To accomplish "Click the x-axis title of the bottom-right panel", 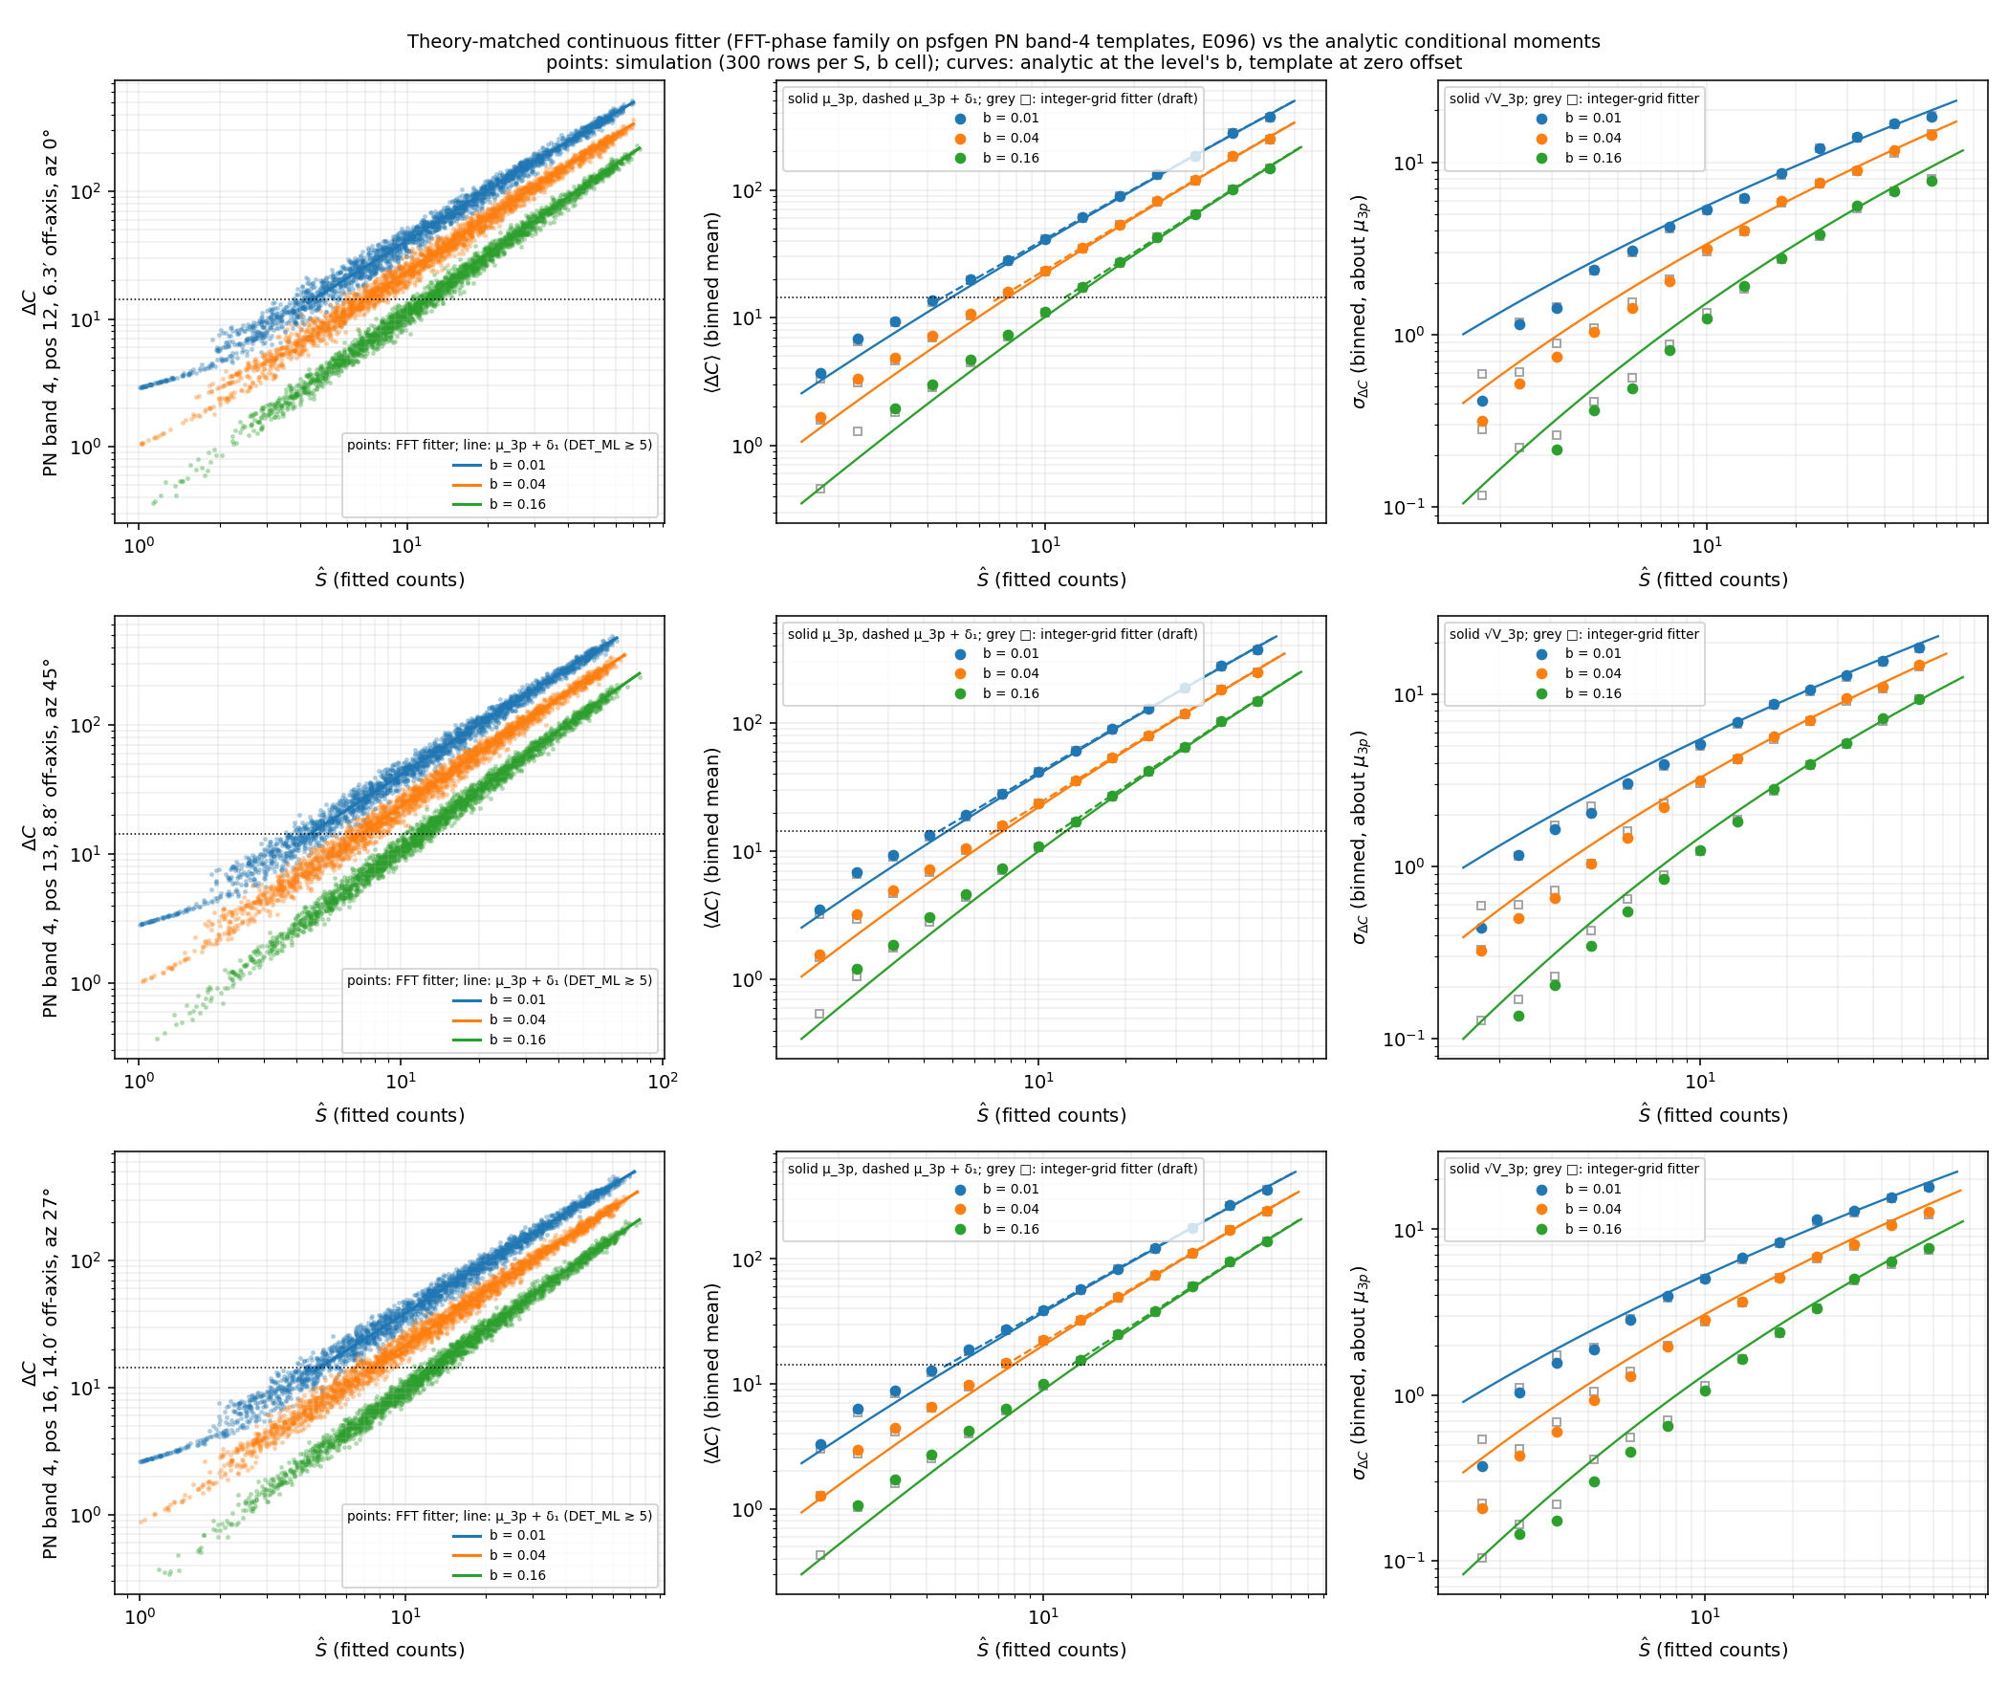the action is pyautogui.click(x=1713, y=1650).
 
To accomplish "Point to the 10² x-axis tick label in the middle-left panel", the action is pyautogui.click(x=663, y=1081).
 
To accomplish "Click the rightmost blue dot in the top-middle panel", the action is pyautogui.click(x=1270, y=117).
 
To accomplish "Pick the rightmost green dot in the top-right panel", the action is pyautogui.click(x=1932, y=180).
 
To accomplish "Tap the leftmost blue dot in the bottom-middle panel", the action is pyautogui.click(x=820, y=1445).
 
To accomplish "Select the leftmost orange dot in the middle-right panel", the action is pyautogui.click(x=1482, y=951).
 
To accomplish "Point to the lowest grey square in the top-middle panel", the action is pyautogui.click(x=820, y=489).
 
